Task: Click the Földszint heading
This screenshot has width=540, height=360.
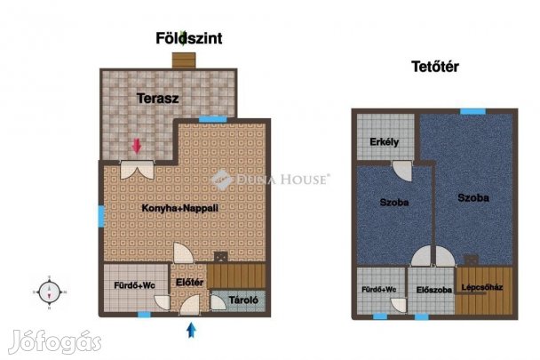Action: [188, 38]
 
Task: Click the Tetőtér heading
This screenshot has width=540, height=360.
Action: [435, 67]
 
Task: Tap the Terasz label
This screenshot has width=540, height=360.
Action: [158, 99]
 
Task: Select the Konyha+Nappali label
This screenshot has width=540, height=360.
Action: [179, 208]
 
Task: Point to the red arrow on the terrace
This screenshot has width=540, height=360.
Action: [137, 146]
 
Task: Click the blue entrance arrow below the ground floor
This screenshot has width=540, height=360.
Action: [191, 330]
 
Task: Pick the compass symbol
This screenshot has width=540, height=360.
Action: [49, 292]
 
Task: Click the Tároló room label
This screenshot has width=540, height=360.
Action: [243, 300]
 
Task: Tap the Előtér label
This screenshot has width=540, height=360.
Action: [189, 283]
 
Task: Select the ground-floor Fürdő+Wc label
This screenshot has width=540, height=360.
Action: [135, 285]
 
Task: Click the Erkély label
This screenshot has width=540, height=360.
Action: [385, 142]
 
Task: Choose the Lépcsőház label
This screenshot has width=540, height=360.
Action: [482, 287]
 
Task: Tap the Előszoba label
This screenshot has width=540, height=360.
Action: [434, 290]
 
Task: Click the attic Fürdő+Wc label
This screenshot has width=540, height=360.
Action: [379, 289]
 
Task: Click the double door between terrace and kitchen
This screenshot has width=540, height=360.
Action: [137, 169]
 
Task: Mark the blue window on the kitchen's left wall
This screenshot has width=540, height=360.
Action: [101, 216]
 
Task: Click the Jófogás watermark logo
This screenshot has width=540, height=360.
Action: [55, 341]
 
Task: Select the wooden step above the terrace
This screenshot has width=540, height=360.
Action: [184, 60]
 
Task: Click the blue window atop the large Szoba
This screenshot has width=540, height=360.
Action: [472, 111]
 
